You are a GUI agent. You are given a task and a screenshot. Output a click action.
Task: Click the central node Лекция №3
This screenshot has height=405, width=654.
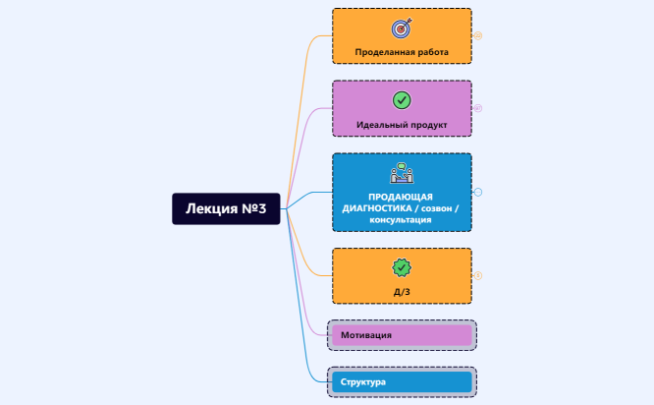click(226, 208)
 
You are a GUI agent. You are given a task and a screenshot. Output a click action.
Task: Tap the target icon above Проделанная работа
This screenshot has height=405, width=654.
click(402, 28)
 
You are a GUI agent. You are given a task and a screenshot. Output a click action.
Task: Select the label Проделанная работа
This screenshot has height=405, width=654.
click(402, 52)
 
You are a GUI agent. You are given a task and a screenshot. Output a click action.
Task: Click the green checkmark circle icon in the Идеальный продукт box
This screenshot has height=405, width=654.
click(402, 100)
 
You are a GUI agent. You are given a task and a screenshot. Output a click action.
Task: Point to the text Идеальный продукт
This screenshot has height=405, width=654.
click(402, 125)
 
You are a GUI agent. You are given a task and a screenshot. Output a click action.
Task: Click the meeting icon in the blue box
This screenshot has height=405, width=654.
click(402, 173)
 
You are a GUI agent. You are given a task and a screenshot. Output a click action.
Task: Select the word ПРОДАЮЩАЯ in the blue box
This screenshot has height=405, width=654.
click(401, 197)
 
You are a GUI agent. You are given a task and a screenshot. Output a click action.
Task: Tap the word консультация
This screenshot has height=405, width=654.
click(401, 219)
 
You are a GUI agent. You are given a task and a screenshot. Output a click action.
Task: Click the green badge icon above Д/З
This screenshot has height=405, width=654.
click(402, 267)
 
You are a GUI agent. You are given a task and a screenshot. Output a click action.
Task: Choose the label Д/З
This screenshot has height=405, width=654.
click(402, 292)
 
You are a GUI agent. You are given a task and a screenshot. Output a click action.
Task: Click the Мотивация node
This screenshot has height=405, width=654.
click(402, 335)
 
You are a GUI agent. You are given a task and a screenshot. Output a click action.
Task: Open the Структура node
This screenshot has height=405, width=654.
click(402, 382)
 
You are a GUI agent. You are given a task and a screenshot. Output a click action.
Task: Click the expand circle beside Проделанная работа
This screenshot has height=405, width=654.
click(478, 36)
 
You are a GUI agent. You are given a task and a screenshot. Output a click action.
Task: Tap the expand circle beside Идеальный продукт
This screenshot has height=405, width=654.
click(478, 108)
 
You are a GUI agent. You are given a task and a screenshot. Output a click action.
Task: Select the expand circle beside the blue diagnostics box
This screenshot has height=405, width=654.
click(478, 192)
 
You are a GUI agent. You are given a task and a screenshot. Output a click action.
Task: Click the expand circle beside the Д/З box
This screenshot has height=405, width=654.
click(478, 275)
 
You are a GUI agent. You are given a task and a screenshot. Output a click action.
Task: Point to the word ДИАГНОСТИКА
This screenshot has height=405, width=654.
click(377, 208)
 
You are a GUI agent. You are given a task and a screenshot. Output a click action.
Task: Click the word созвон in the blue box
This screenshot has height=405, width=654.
click(436, 208)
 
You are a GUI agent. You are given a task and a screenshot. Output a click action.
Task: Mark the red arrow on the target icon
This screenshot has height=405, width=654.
click(407, 23)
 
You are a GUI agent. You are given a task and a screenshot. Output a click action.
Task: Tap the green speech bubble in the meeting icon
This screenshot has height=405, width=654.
click(402, 166)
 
